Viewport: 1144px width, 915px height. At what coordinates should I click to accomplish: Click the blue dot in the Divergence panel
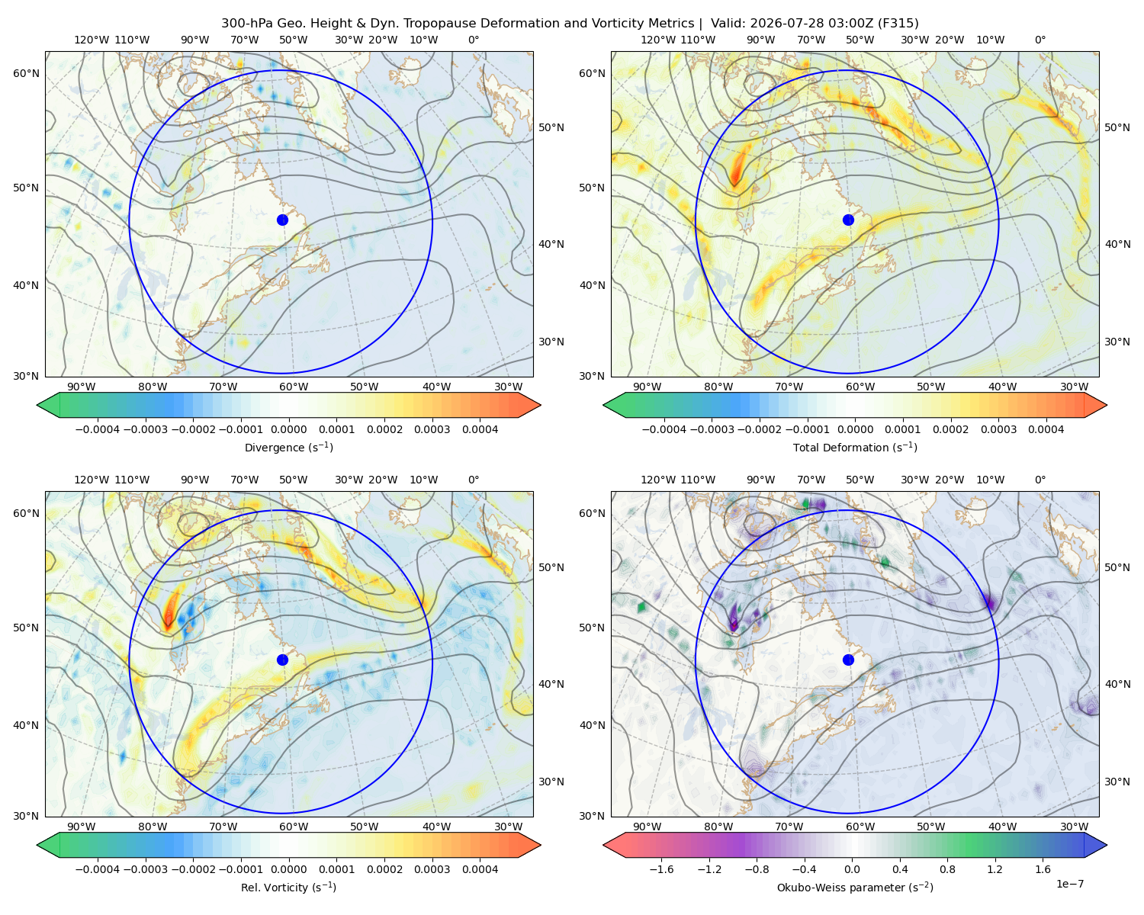(282, 220)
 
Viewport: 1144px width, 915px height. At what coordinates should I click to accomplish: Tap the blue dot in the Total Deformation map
(848, 220)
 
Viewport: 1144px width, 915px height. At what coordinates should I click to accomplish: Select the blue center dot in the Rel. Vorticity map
(282, 660)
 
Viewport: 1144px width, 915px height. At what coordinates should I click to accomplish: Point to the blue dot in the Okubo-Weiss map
(848, 660)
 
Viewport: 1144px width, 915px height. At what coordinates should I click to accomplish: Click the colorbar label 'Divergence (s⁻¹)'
(288, 448)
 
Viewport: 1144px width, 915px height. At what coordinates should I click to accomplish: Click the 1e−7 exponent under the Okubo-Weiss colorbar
(1069, 884)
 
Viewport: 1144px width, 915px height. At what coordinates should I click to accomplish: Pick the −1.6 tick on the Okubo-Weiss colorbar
(661, 869)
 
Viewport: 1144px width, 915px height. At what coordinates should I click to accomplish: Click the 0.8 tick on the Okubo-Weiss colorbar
(947, 869)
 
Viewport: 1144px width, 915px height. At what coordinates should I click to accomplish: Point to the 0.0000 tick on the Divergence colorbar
(288, 429)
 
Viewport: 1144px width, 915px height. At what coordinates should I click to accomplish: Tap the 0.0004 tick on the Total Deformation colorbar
(1046, 429)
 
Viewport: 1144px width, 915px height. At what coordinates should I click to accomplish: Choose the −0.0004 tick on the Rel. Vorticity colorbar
(98, 869)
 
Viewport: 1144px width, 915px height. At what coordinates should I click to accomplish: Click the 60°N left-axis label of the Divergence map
(26, 73)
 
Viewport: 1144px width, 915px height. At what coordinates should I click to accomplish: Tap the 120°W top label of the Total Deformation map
(657, 40)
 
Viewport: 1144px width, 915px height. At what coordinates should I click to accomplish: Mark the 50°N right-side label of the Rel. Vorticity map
(551, 567)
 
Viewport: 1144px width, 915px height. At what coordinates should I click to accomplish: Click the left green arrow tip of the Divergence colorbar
(37, 405)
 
